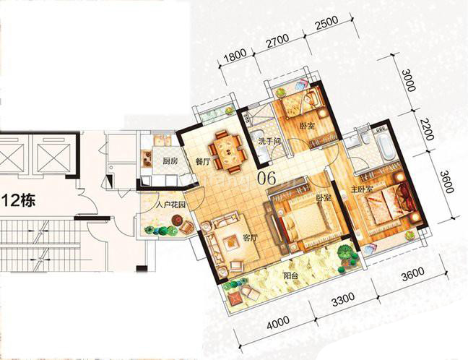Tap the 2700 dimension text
[278, 40]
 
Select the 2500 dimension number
[327, 22]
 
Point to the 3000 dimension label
[409, 80]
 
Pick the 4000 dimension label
[278, 322]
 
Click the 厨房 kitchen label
[170, 162]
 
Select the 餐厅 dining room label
[203, 162]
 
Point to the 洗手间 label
[270, 141]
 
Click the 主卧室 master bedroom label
[362, 189]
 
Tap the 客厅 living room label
[250, 238]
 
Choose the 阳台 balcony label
[291, 275]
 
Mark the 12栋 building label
[19, 200]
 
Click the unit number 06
[267, 178]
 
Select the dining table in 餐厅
[227, 152]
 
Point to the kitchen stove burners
[147, 158]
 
